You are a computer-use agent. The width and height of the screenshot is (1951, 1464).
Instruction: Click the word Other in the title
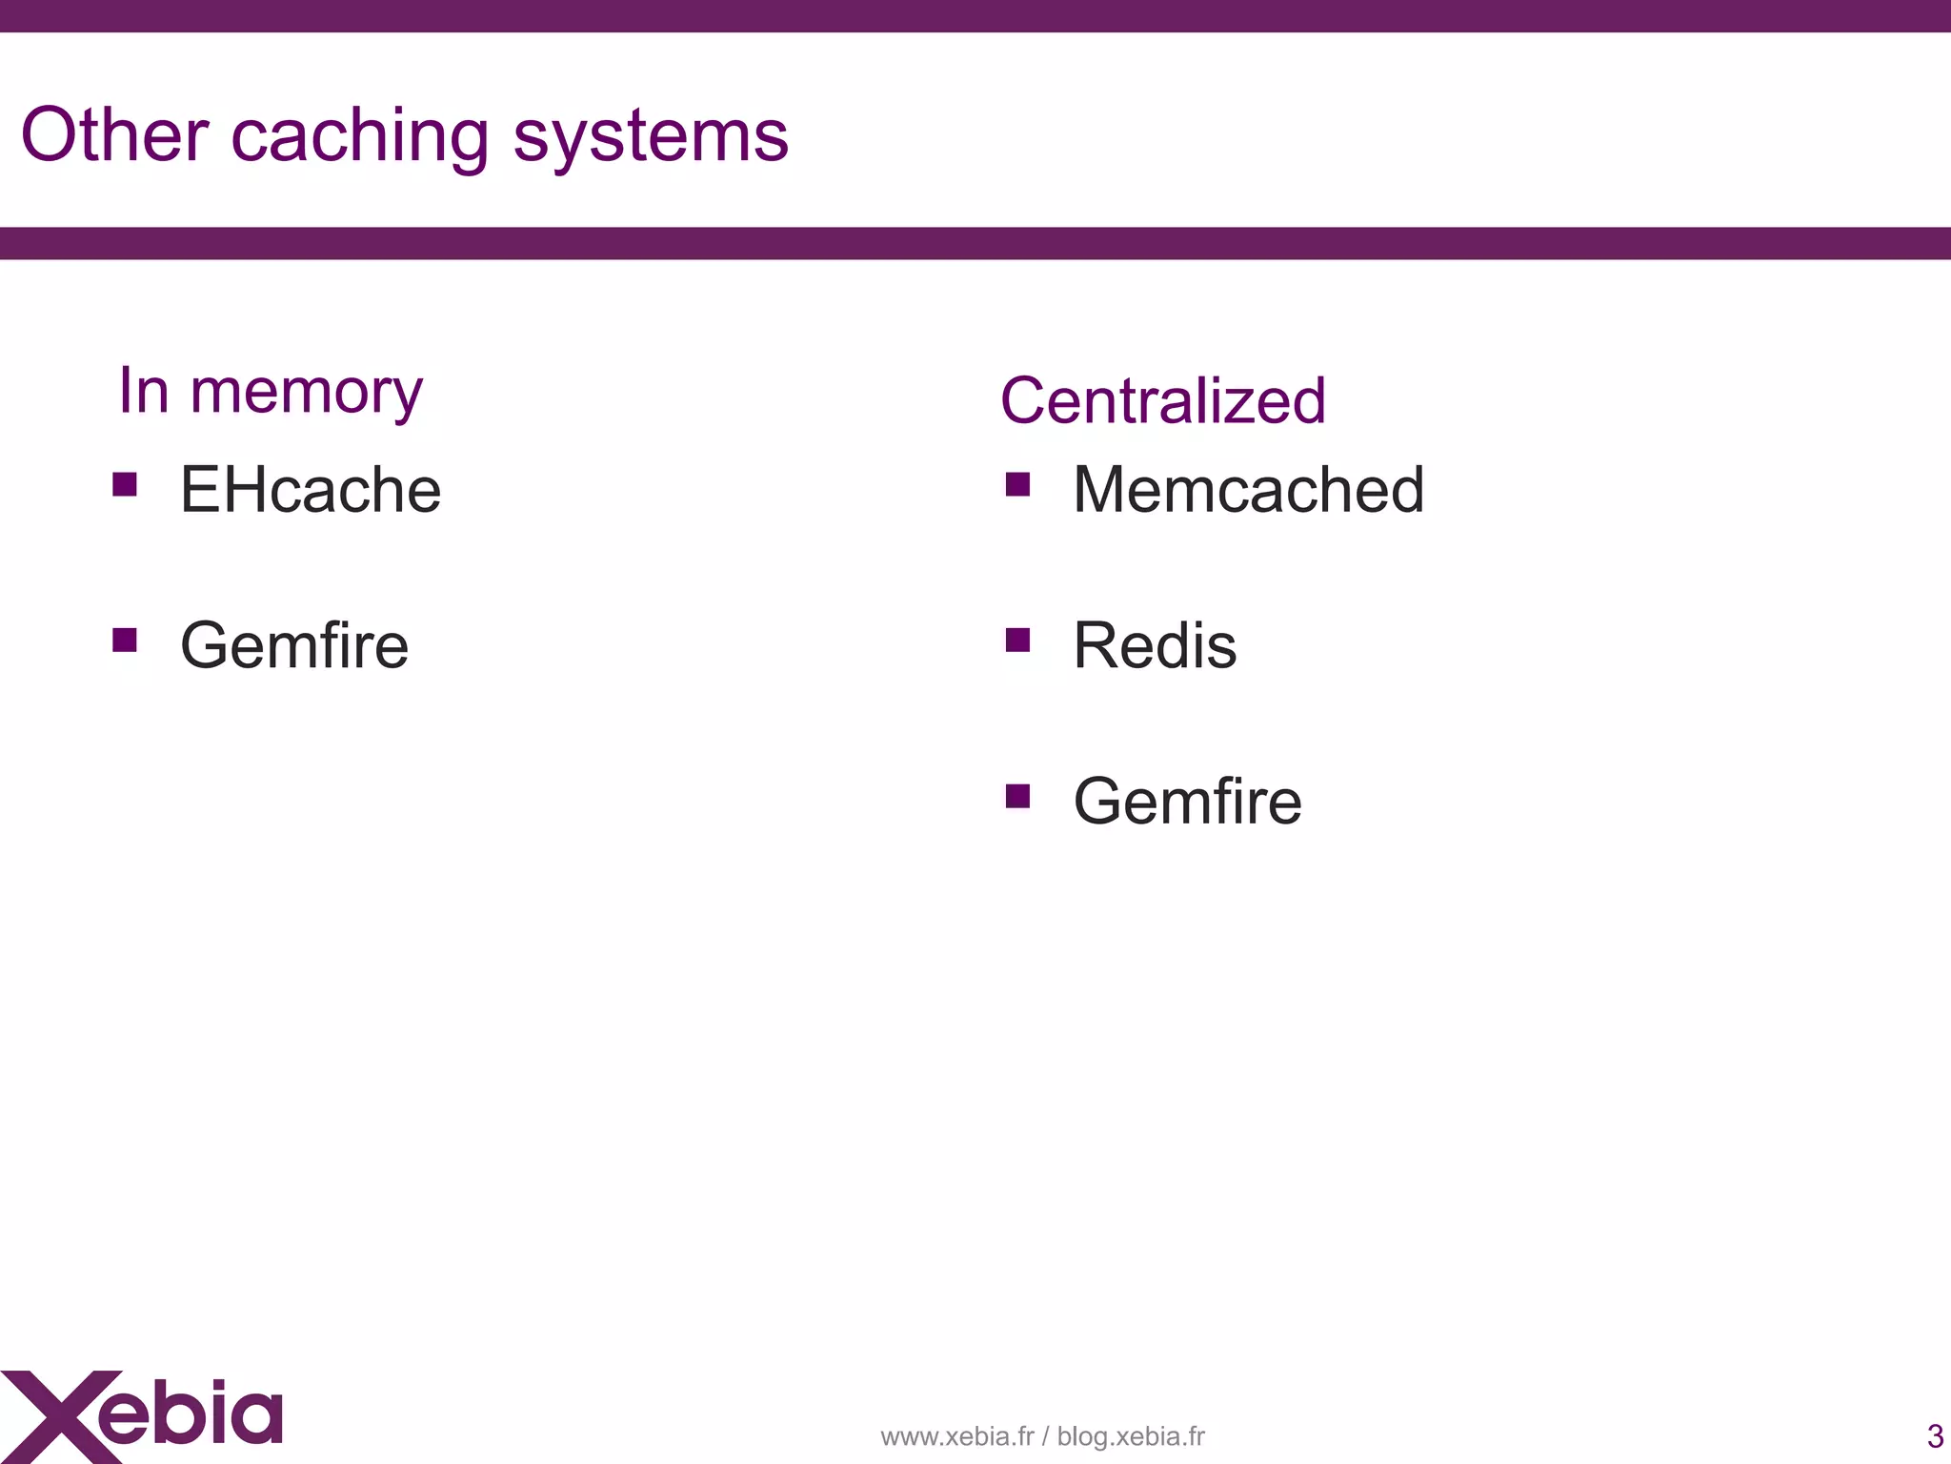pos(114,135)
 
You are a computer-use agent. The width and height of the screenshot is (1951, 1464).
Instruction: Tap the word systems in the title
pos(651,138)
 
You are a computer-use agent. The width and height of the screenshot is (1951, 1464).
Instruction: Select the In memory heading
pos(270,391)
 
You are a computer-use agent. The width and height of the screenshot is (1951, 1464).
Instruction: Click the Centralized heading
pos(1162,400)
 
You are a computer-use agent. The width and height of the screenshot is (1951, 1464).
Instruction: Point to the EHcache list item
pos(311,490)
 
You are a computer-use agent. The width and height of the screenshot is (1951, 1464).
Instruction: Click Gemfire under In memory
pos(294,645)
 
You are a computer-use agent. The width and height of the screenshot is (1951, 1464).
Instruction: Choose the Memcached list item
pos(1248,490)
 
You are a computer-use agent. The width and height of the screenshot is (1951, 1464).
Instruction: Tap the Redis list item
pos(1155,645)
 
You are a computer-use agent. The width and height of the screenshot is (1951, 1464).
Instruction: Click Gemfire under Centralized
pos(1187,801)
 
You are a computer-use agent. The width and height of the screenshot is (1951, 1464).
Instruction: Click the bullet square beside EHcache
pos(125,485)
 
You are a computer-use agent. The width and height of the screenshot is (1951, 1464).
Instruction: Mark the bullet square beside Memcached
pos(1017,485)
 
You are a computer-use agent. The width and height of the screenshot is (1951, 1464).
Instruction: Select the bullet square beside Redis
pos(1017,640)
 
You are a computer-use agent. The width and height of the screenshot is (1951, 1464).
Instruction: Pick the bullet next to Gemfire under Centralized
pos(1017,796)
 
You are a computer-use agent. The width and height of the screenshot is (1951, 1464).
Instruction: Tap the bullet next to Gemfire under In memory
pos(125,640)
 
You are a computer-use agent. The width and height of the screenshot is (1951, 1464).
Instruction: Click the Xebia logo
pos(143,1414)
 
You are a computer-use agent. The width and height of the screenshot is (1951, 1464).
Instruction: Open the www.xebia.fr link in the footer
pos(956,1436)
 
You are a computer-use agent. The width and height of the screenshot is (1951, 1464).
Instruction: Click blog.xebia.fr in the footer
pos(1131,1436)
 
